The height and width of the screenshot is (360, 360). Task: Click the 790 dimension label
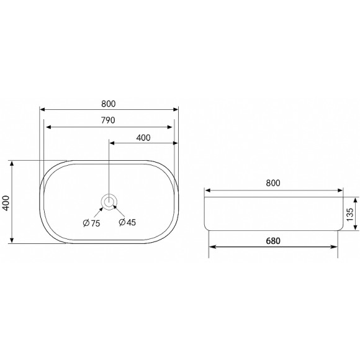(108, 120)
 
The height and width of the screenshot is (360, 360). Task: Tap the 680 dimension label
(273, 241)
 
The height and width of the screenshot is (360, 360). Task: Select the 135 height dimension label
(349, 214)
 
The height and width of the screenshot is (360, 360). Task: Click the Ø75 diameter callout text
(91, 223)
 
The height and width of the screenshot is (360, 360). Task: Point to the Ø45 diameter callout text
(127, 222)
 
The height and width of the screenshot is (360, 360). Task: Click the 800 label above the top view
(109, 104)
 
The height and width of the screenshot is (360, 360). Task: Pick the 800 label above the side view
(273, 183)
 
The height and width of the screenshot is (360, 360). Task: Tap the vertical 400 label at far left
(6, 203)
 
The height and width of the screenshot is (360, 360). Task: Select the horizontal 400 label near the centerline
(143, 138)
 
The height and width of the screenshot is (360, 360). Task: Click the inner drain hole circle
(109, 202)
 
